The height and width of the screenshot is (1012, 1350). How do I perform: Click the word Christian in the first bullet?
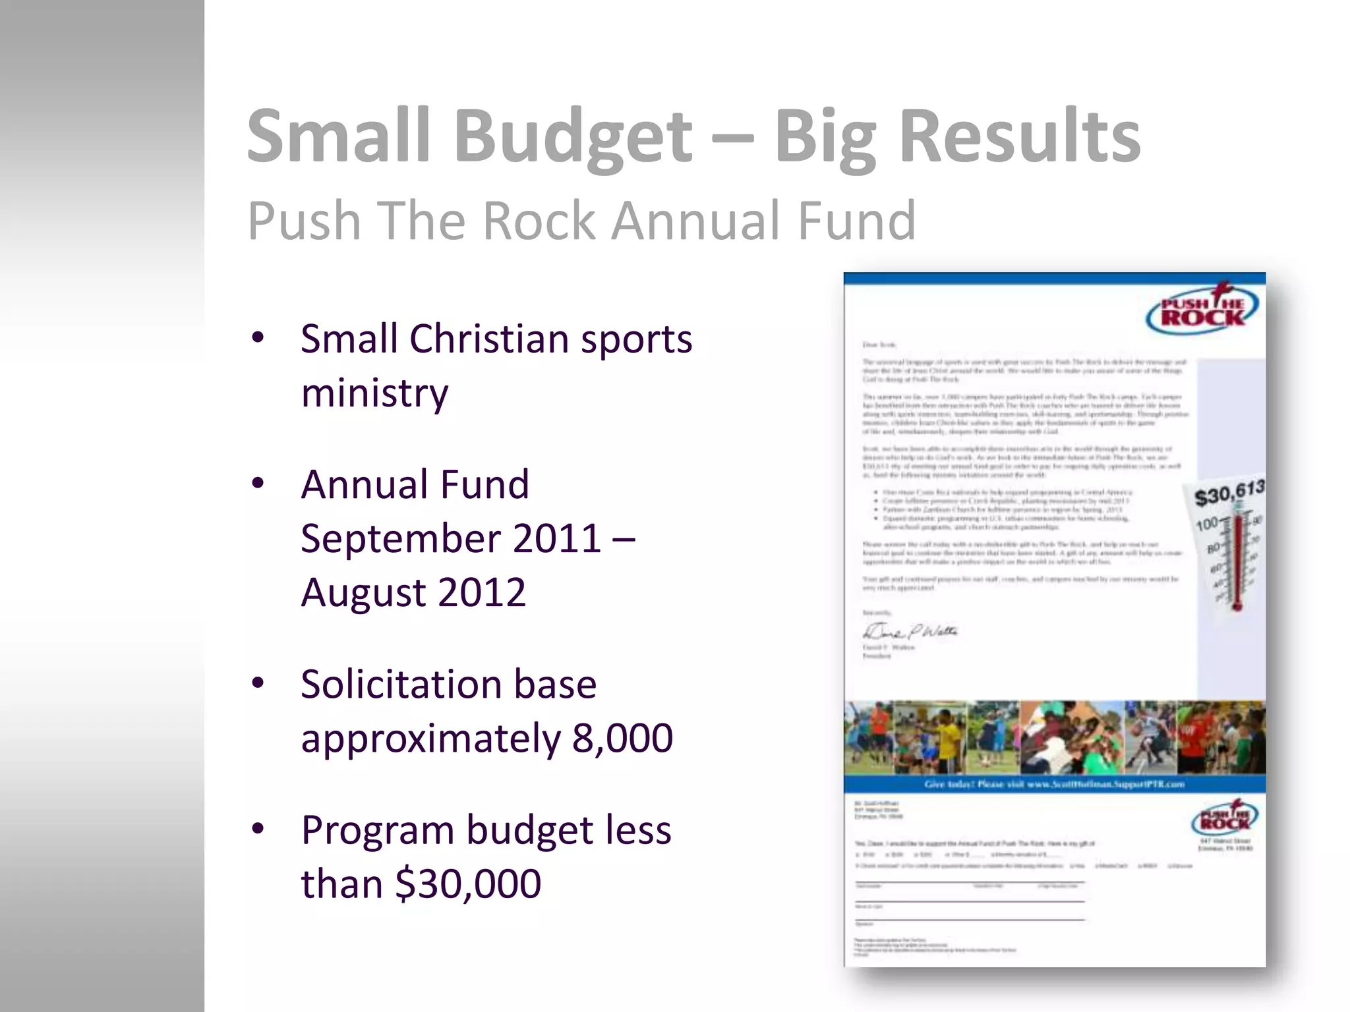click(488, 339)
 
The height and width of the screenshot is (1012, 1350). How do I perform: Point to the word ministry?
click(374, 393)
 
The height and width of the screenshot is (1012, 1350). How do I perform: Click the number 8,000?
click(622, 738)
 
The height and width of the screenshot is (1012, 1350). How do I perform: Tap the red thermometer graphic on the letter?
click(1237, 560)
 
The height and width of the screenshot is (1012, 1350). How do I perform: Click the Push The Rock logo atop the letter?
click(1202, 310)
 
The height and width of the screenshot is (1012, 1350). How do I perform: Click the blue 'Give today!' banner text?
click(1054, 784)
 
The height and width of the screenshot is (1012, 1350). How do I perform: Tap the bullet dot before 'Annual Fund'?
click(258, 484)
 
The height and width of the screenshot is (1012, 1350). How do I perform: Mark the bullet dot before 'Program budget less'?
click(258, 829)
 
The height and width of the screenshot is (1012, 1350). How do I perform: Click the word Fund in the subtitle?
click(856, 221)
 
